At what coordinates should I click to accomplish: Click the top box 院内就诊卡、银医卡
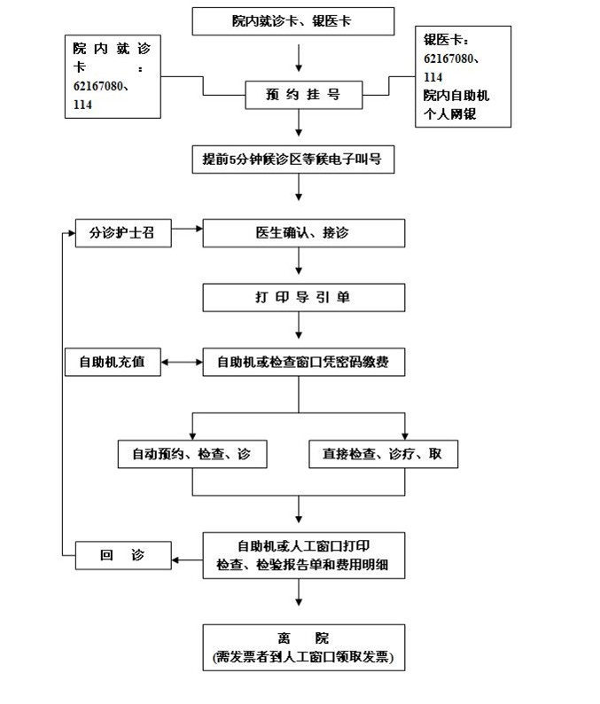coord(293,20)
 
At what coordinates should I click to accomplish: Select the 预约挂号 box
coord(303,93)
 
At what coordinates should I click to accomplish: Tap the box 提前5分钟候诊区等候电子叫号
coord(298,160)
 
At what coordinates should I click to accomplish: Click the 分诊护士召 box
coord(122,233)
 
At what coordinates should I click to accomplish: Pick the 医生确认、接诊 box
coord(303,233)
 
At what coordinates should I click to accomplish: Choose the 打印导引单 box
coord(303,297)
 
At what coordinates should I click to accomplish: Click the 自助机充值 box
coord(113,362)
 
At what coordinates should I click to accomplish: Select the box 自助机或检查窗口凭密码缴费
coord(303,362)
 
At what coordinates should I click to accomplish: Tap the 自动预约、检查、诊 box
coord(191,454)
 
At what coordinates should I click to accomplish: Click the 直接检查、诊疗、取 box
coord(383,454)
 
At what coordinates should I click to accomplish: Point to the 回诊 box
coord(122,556)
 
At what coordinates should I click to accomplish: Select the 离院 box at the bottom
coord(303,647)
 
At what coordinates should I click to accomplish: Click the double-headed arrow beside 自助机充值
coord(182,362)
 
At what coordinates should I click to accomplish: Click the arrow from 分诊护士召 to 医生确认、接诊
coord(187,231)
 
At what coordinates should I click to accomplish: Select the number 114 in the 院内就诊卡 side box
coord(83,105)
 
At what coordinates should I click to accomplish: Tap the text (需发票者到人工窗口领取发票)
coord(303,658)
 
